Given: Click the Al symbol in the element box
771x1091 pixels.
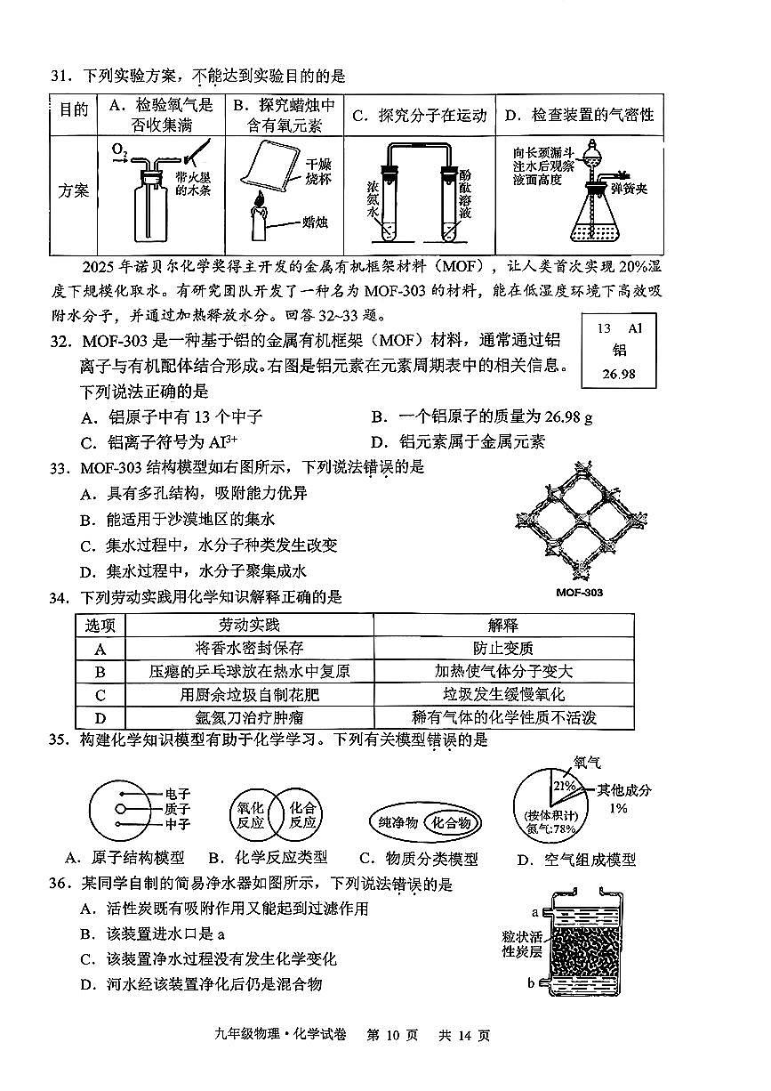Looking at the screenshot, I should coord(635,328).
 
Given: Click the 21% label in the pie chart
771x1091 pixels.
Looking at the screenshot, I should coord(562,786).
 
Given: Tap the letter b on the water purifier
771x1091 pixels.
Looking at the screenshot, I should coord(530,982).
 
